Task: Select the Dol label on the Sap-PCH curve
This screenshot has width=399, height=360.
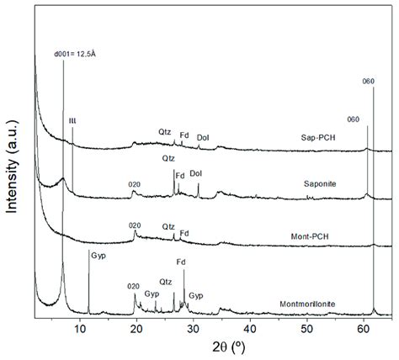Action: [203, 137]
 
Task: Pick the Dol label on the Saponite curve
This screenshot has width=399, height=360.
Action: [195, 174]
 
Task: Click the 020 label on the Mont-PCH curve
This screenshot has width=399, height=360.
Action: [135, 225]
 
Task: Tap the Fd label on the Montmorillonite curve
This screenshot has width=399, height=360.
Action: [181, 262]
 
